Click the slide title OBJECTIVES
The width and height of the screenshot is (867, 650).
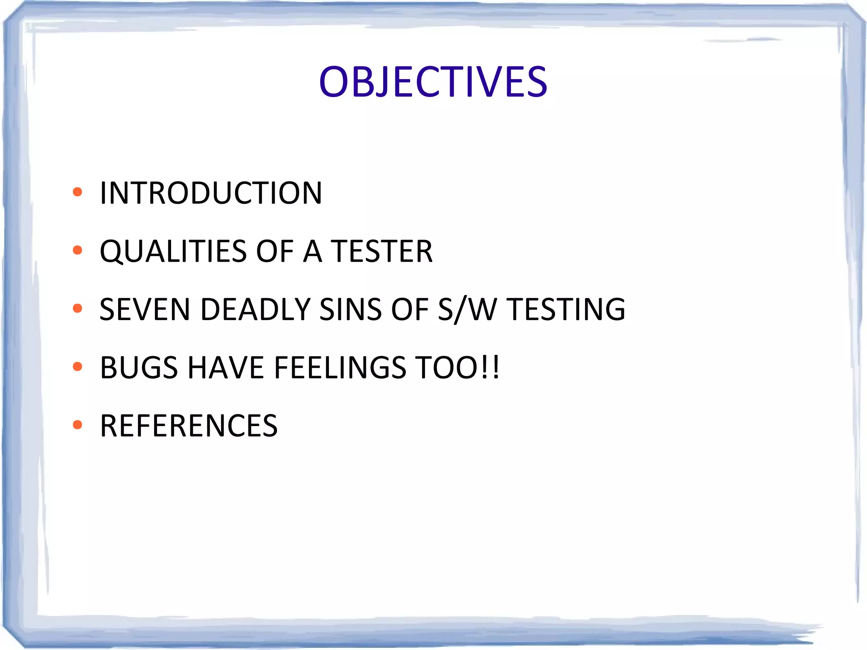pyautogui.click(x=433, y=82)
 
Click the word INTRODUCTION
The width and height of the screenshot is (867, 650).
pyautogui.click(x=211, y=193)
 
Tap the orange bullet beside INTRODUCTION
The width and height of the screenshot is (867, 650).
pyautogui.click(x=77, y=192)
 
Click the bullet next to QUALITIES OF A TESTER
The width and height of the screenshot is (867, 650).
pyautogui.click(x=77, y=250)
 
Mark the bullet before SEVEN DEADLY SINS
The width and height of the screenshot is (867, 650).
pyautogui.click(x=77, y=308)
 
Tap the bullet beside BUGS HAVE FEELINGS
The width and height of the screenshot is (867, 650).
pyautogui.click(x=77, y=366)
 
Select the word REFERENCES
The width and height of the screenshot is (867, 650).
pyautogui.click(x=189, y=426)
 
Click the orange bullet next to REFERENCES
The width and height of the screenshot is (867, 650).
pyautogui.click(x=77, y=424)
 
